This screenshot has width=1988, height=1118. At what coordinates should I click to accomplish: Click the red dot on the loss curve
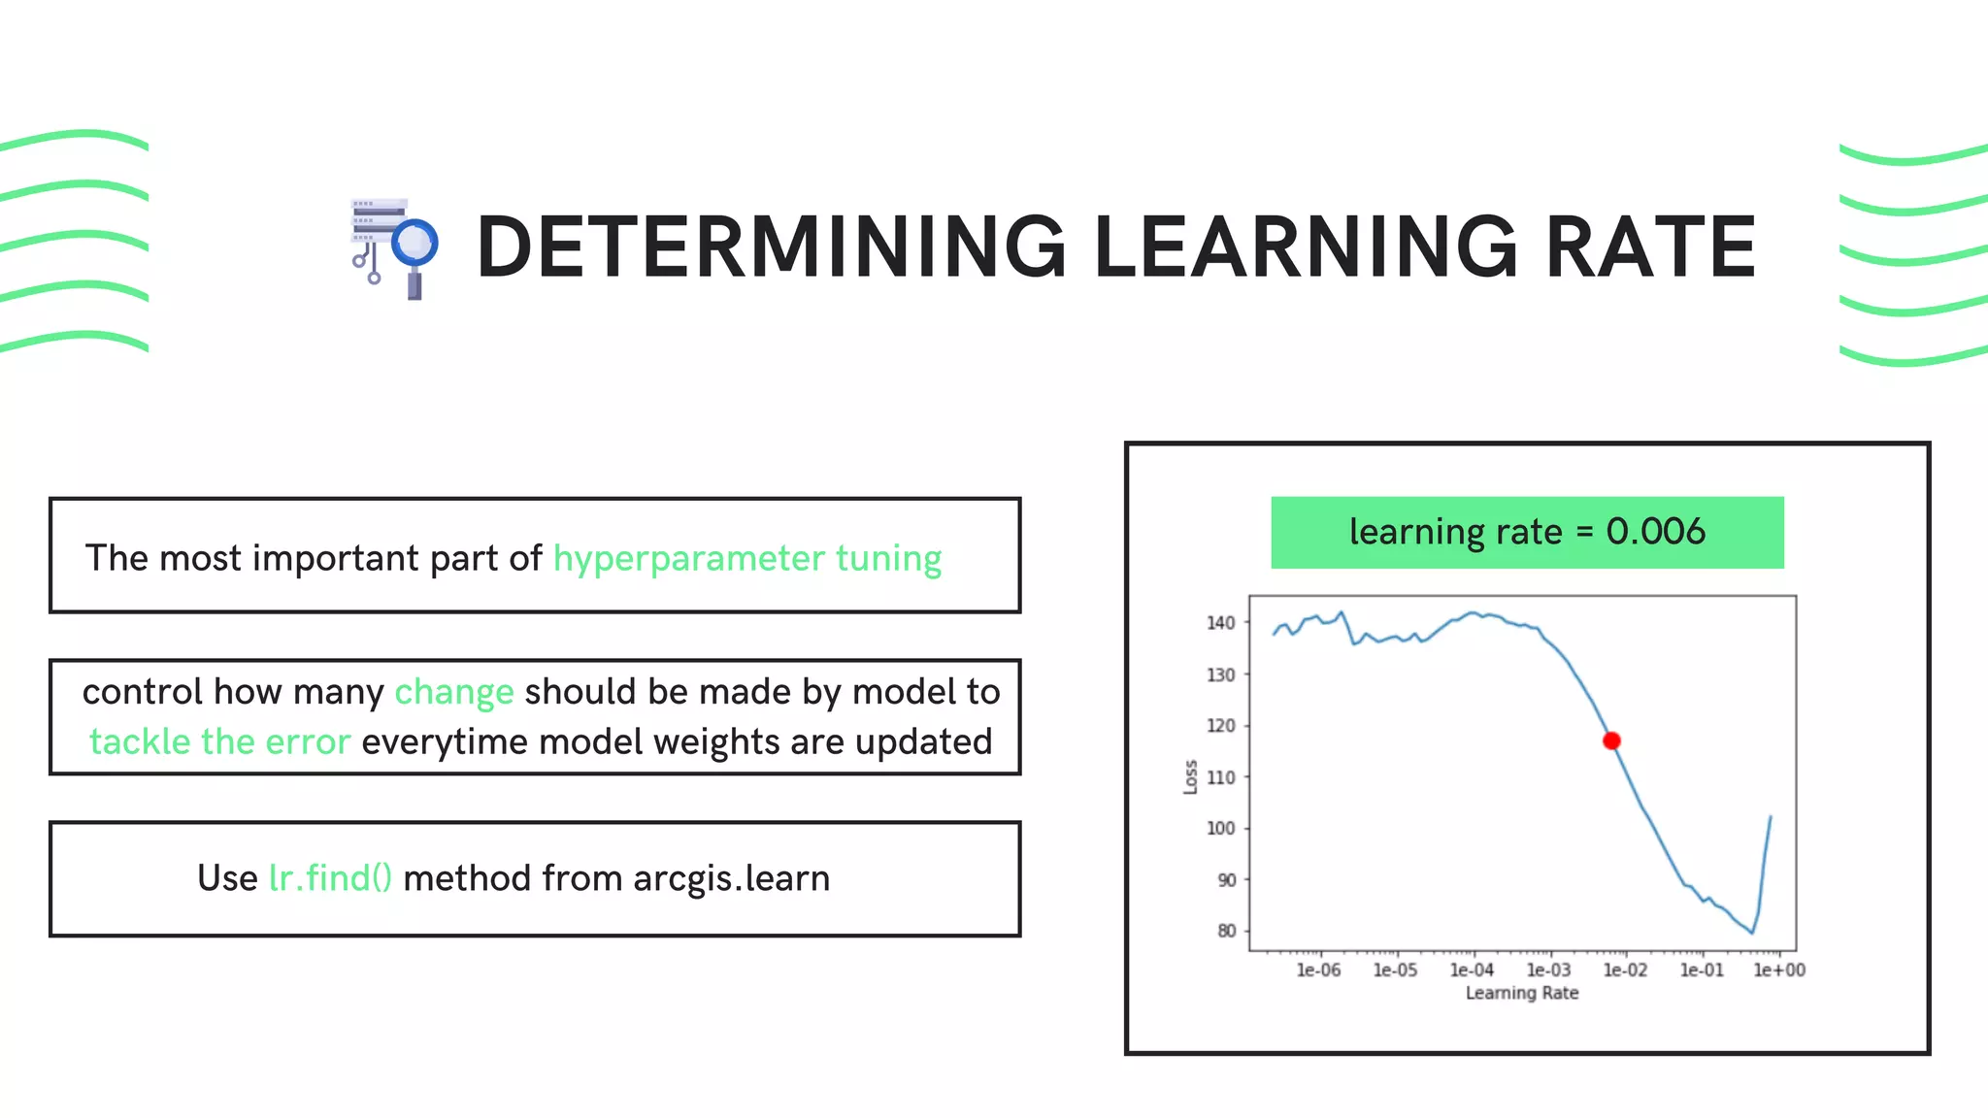tap(1611, 740)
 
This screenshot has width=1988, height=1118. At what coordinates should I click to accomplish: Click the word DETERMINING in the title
tap(771, 247)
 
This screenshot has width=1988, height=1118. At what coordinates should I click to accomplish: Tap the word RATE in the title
tap(1649, 247)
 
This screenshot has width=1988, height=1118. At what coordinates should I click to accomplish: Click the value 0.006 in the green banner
tap(1655, 532)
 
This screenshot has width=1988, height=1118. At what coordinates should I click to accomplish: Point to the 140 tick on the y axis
tap(1220, 623)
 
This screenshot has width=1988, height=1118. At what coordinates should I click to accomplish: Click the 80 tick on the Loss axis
tap(1226, 931)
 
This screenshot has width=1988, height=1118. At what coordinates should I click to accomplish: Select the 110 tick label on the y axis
tap(1220, 777)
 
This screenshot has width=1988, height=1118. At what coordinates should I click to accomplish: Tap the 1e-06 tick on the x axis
tap(1318, 970)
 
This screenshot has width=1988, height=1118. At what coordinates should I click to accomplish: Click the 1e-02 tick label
tap(1625, 970)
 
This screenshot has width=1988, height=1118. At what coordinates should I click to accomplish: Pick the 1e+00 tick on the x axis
tap(1778, 970)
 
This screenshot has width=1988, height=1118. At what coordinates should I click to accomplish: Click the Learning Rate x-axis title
tap(1521, 993)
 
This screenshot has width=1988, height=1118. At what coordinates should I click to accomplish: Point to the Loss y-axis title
tap(1190, 776)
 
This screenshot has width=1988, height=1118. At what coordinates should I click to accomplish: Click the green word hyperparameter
tap(688, 559)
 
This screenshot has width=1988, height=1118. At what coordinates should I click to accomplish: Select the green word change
tap(453, 692)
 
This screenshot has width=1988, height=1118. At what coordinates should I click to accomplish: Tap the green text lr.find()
tap(330, 878)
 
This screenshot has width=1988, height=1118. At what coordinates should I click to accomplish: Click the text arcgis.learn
tap(731, 878)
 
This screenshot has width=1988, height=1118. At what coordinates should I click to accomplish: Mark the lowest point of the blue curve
tap(1752, 933)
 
